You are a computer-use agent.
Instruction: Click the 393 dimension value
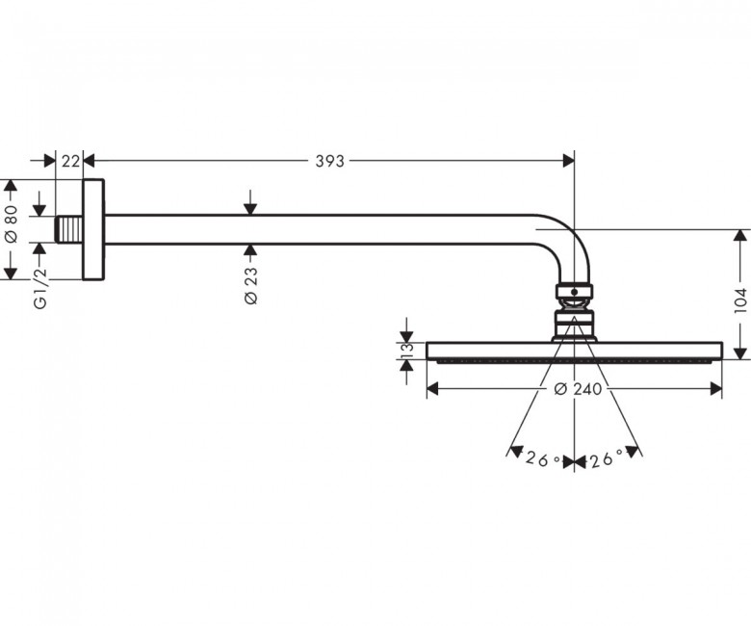point(329,162)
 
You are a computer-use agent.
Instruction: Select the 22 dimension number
point(70,162)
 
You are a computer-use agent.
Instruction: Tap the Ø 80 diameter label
point(12,224)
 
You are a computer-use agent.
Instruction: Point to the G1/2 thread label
point(41,288)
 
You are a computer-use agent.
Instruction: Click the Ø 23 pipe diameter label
point(251,285)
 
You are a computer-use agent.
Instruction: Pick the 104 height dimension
point(740,300)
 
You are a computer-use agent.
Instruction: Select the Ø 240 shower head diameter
point(578,389)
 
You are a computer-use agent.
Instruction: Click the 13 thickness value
point(407,351)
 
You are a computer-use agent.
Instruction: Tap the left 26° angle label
point(543,459)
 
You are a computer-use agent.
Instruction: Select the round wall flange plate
point(93,229)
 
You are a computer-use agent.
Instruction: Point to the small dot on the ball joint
point(574,291)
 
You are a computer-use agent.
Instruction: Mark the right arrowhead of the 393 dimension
point(568,161)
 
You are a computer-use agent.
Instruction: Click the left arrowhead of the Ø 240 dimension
point(432,389)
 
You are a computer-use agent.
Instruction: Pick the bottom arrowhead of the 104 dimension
point(740,353)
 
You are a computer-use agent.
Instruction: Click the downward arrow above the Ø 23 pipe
point(250,202)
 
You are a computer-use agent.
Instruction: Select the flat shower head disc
point(574,352)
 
